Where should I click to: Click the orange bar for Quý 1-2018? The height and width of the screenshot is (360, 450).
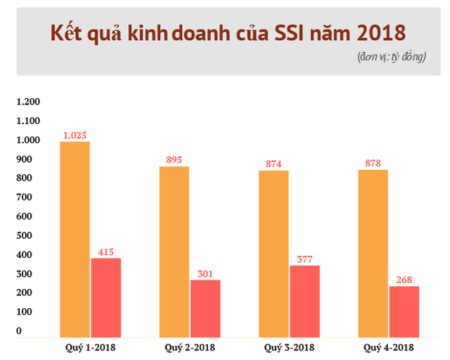point(75,239)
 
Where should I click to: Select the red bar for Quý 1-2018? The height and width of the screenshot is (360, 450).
point(106,297)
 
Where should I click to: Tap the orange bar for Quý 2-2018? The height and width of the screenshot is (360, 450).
point(175,252)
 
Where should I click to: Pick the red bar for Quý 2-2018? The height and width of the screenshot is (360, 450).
point(205,308)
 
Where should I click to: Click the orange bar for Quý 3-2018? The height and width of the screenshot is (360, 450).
point(274,254)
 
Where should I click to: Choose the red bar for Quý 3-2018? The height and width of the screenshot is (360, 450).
point(305,301)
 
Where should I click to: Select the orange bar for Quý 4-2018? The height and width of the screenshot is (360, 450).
point(373,253)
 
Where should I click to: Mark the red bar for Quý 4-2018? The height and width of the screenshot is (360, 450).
point(404,311)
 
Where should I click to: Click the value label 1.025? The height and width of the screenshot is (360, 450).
point(75,135)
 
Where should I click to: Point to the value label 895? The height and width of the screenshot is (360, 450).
point(175,160)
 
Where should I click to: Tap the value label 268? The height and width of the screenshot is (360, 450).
point(404,280)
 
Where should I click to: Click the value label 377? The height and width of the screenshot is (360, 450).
point(305,258)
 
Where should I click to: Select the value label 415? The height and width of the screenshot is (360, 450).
point(106,252)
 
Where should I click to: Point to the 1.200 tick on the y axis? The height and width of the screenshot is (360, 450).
point(29,102)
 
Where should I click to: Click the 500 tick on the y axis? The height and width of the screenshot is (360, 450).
point(24,235)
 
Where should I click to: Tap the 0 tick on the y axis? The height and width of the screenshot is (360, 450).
point(19,331)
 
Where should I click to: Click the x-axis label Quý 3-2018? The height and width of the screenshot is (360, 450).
point(289,348)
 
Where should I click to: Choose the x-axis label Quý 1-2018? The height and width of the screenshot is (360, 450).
point(90,348)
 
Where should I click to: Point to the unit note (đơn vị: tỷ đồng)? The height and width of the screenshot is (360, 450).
point(391,57)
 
